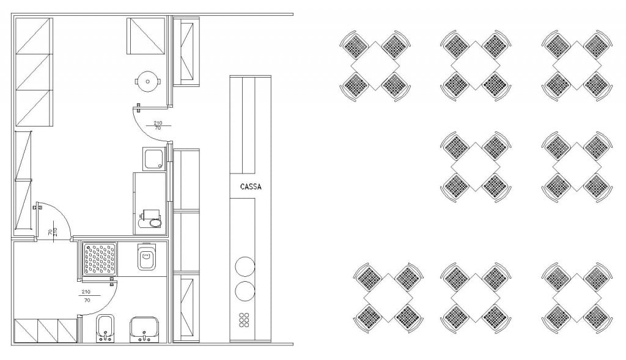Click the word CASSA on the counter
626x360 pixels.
pos(251,186)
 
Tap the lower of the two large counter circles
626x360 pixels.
pos(245,291)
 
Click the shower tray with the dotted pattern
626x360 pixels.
pos(100,259)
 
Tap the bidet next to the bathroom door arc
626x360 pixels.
pos(105,328)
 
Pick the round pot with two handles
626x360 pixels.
pos(148,81)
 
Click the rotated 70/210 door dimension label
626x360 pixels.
pos(53,232)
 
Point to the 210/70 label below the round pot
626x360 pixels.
pos(158,125)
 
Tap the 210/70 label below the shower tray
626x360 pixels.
pos(86,296)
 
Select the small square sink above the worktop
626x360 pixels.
pos(153,158)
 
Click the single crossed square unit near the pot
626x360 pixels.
pos(145,36)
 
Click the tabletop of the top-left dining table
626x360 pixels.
pos(375,65)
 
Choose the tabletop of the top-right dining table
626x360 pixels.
pos(577,65)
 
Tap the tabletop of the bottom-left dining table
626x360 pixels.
pos(388,298)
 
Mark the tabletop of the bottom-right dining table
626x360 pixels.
pos(577,298)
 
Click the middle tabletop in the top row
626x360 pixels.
pos(476,65)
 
